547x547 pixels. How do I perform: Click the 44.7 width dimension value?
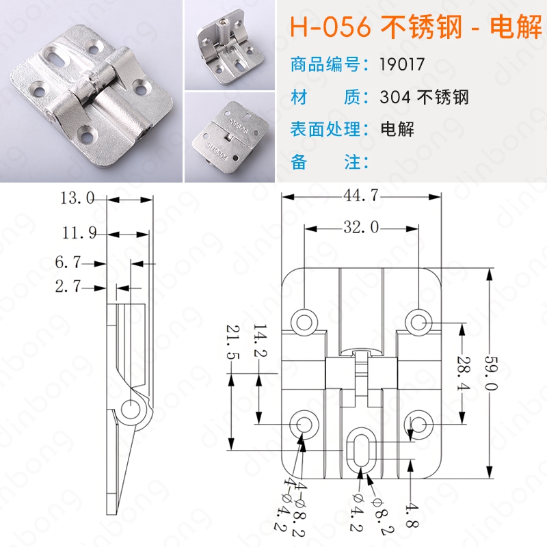(361, 195)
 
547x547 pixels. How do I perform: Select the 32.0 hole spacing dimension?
(361, 227)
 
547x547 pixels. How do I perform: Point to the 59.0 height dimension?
(492, 373)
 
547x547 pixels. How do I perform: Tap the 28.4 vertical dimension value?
(464, 373)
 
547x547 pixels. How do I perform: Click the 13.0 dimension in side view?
(77, 198)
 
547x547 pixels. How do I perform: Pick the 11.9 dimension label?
(79, 232)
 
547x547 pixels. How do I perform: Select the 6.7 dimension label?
(68, 262)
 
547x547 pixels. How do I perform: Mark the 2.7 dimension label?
(68, 286)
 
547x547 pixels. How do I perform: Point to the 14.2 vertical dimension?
(261, 341)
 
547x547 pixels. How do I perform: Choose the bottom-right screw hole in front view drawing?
(418, 424)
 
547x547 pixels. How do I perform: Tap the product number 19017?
(402, 64)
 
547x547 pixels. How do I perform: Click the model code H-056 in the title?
(330, 27)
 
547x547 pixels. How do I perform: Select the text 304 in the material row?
(395, 97)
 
